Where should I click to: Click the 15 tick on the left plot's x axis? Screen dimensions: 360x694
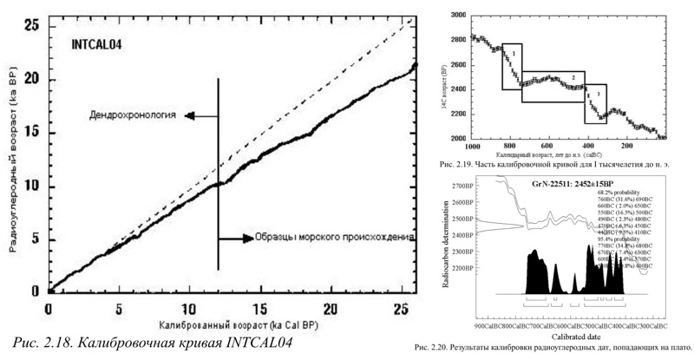point(259,309)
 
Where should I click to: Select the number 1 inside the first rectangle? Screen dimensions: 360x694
point(514,53)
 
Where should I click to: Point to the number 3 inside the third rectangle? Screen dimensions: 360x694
point(597,91)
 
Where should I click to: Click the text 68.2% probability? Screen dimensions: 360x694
point(622,193)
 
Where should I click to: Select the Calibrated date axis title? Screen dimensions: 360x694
point(569,337)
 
